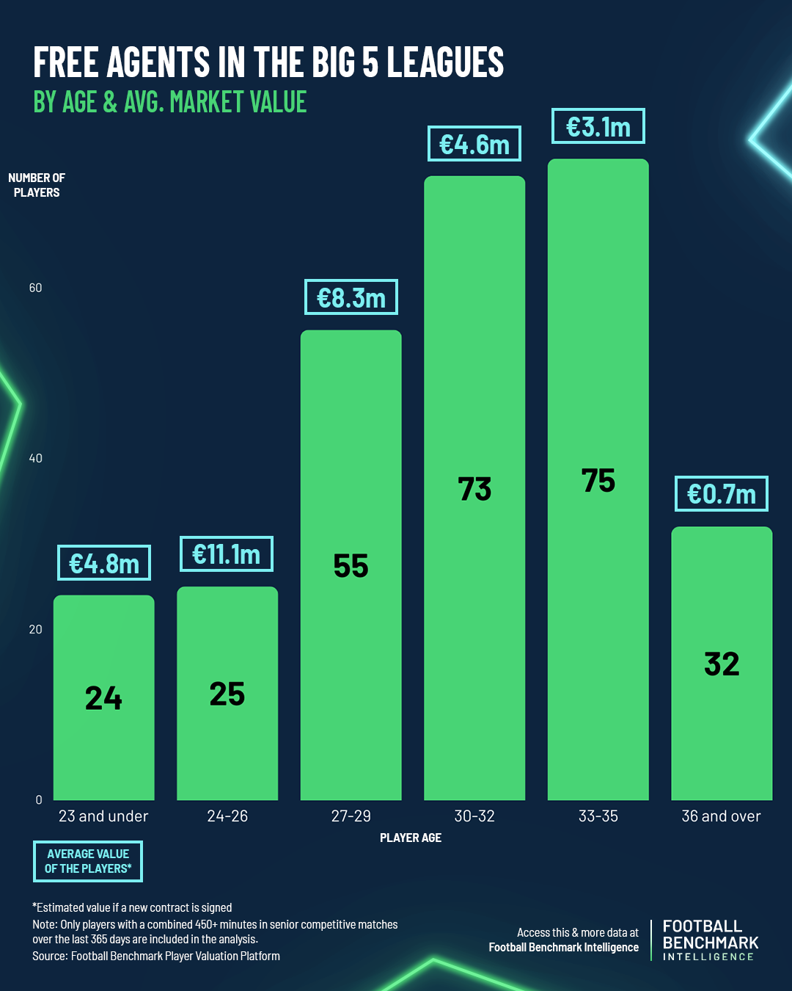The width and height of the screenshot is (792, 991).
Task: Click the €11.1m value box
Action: (x=227, y=554)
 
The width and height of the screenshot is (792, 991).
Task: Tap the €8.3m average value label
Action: (x=351, y=297)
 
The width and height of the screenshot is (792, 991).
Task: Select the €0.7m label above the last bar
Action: (x=722, y=494)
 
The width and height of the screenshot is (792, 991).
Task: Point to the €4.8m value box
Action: (x=104, y=564)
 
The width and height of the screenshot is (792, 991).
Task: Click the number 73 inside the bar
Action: (x=474, y=489)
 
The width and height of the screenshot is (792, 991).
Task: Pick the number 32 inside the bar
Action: (x=722, y=664)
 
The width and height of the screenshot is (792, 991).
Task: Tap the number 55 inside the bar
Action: (x=351, y=566)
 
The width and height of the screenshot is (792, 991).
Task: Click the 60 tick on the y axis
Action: (x=36, y=288)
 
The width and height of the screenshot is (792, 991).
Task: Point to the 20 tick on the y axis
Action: (x=36, y=629)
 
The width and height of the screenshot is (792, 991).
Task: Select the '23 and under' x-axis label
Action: (x=103, y=816)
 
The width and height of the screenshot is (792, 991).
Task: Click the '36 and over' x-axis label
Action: (x=722, y=816)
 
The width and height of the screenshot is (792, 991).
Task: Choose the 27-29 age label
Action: (x=351, y=816)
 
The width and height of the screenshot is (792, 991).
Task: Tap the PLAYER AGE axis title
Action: (x=411, y=838)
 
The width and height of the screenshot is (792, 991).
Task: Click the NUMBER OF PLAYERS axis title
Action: (x=37, y=185)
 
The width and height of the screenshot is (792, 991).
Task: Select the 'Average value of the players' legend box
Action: (x=88, y=861)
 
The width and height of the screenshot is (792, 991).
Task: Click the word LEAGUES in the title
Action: (x=445, y=62)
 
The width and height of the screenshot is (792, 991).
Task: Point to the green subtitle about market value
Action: (x=170, y=102)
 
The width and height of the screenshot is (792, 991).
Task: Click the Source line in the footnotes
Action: (x=156, y=956)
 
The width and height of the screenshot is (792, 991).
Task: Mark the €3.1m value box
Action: (x=598, y=127)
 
